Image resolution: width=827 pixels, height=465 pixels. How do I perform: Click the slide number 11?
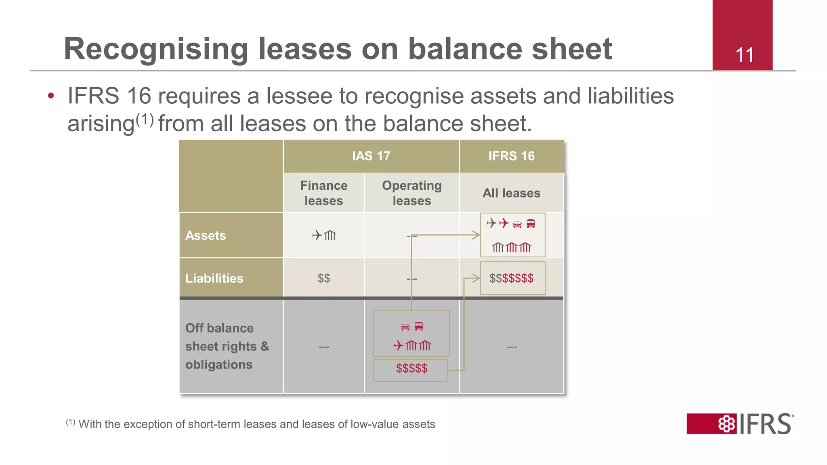pos(744,55)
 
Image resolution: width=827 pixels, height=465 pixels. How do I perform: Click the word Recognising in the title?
pos(156,49)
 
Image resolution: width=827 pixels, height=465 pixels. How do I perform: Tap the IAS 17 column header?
pos(371,156)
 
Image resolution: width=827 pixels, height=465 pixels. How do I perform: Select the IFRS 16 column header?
pos(511,156)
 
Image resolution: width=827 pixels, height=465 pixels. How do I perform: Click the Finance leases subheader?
pos(323,193)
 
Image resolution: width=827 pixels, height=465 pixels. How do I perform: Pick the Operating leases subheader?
pos(411,193)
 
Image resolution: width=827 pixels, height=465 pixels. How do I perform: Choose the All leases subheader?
pos(511,193)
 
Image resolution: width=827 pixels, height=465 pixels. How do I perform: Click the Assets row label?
pos(206,236)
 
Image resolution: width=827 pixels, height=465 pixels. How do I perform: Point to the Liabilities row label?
pos(214,279)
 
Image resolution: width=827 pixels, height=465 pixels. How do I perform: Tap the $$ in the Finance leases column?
pos(323,279)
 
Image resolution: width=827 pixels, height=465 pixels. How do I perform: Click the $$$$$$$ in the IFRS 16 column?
pos(511,279)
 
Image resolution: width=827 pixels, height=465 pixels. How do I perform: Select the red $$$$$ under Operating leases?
pos(411,369)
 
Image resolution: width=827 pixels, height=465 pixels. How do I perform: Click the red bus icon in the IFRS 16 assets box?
pos(531,224)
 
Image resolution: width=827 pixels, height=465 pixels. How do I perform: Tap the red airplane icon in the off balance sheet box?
pos(399,346)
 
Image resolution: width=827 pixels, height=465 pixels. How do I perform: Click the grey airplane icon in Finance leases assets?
pos(317,235)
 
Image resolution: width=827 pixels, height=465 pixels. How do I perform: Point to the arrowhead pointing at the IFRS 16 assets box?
pos(476,235)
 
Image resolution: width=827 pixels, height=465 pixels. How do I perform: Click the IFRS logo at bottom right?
pos(740,424)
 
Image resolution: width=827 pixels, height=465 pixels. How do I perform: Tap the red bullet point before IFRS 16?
pos(51,96)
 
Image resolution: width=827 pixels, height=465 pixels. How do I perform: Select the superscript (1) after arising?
pos(145,119)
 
